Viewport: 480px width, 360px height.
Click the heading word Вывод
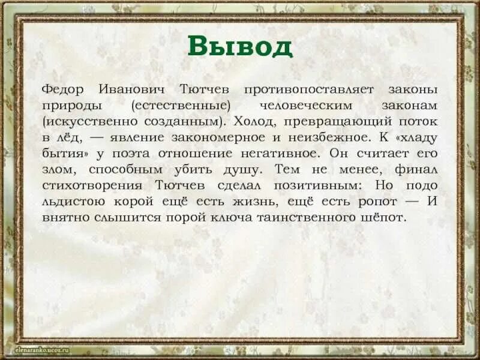[x=239, y=46]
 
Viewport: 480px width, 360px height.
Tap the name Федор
[x=62, y=89]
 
